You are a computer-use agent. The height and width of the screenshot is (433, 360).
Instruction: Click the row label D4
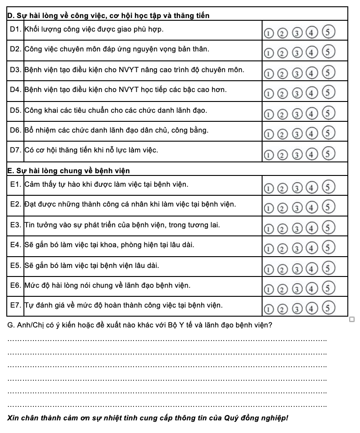tap(15, 90)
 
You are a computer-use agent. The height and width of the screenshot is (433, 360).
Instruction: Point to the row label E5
tap(15, 265)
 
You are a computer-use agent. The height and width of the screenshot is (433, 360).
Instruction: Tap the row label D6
tap(15, 130)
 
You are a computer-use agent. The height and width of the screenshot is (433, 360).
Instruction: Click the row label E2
tap(15, 204)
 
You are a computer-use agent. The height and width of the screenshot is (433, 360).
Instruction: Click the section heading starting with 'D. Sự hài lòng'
tap(109, 16)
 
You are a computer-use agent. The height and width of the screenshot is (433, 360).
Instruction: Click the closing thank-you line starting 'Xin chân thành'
tap(148, 418)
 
